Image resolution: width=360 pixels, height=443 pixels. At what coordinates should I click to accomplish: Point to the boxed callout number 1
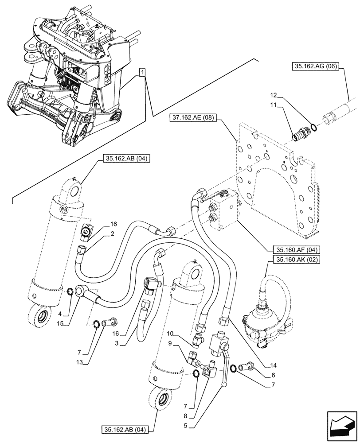[142, 73]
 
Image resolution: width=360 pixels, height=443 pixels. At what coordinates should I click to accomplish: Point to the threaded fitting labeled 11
[301, 133]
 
